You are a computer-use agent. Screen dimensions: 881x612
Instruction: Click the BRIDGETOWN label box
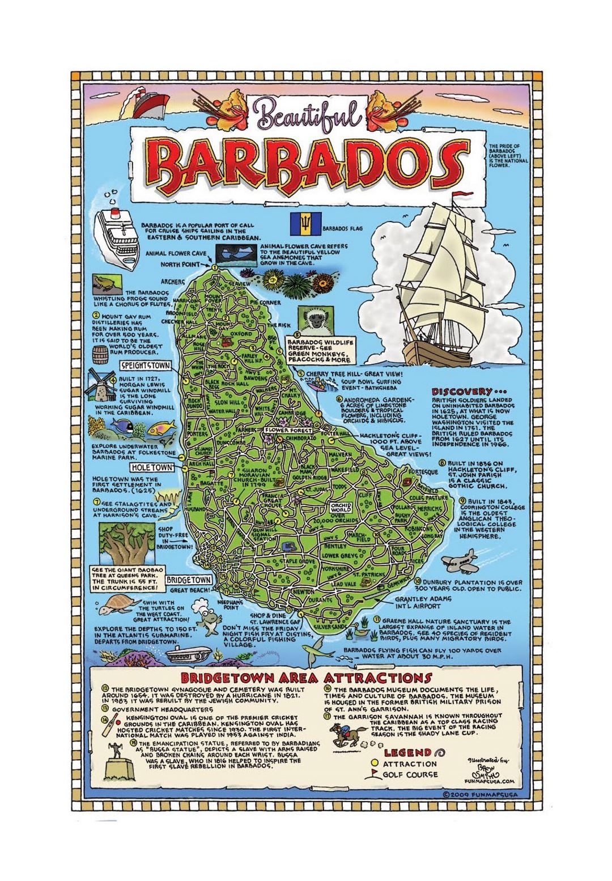pos(189,580)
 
